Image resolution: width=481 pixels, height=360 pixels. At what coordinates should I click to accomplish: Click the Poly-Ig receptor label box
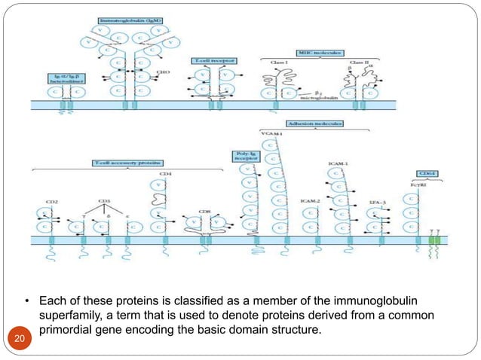coord(243,157)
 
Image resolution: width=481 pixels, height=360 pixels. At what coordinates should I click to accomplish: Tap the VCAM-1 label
coord(270,134)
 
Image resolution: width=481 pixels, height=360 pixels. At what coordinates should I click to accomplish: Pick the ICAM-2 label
coord(311,201)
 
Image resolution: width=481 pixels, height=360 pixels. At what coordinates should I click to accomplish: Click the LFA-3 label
coord(378,201)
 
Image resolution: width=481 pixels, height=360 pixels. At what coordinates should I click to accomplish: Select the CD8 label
coord(204,212)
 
